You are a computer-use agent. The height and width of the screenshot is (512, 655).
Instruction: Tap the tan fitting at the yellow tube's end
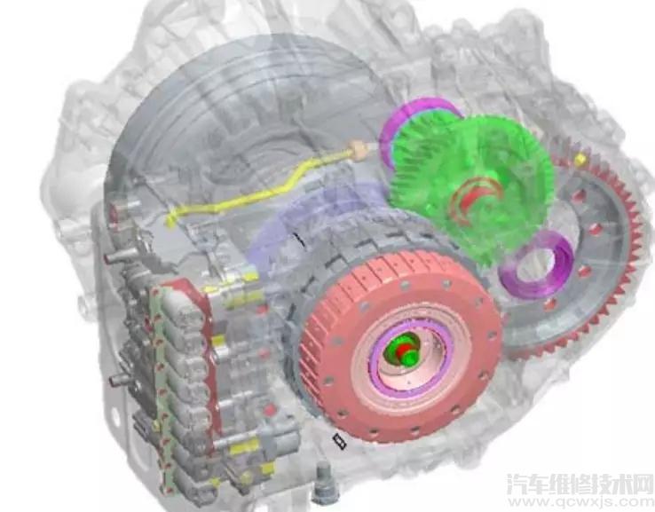pyautogui.click(x=359, y=149)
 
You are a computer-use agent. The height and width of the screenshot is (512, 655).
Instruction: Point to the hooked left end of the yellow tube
pyautogui.click(x=171, y=218)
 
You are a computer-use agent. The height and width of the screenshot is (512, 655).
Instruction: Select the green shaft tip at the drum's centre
pyautogui.click(x=405, y=350)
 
